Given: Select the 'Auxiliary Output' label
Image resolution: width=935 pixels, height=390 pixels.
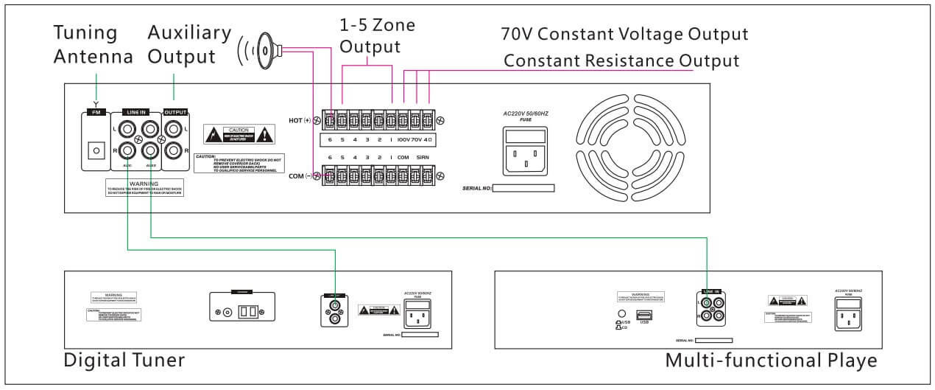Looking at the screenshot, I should click(x=189, y=44).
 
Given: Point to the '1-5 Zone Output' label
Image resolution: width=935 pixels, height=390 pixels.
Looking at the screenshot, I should click(x=377, y=36).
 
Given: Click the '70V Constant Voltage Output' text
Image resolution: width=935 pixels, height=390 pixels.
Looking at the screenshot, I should click(x=624, y=34).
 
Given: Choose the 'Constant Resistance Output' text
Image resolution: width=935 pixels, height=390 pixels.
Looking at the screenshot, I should click(x=621, y=60).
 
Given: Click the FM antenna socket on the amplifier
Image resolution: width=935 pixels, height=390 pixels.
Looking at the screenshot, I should click(x=94, y=150).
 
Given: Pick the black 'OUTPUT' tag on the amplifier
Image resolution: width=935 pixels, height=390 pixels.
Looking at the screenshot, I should click(x=175, y=112).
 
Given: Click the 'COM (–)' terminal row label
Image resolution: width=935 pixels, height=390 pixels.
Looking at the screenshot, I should click(x=299, y=175).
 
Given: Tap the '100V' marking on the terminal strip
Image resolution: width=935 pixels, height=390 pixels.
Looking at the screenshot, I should click(x=404, y=139).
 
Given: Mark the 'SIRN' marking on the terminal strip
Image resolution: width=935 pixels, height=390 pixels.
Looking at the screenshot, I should click(x=423, y=157).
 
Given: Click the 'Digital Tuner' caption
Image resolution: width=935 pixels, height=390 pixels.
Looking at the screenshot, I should click(x=124, y=360).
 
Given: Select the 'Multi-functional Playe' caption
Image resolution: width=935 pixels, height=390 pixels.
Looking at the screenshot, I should click(x=771, y=361).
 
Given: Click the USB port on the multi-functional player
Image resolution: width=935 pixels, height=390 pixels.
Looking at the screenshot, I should click(x=646, y=314).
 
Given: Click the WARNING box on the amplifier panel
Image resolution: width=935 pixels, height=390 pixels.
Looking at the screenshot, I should click(x=144, y=187).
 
